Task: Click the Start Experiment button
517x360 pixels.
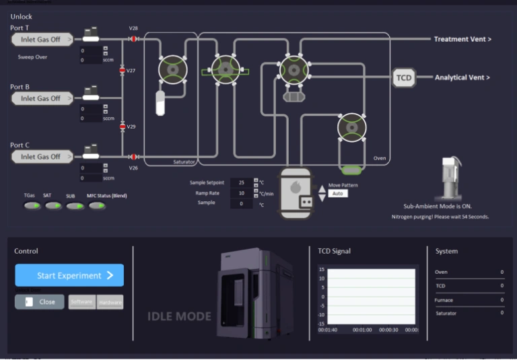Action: click(69, 275)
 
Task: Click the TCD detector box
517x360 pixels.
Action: click(403, 78)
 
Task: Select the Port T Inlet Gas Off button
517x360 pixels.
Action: click(42, 40)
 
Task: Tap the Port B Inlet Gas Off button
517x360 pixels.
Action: click(42, 98)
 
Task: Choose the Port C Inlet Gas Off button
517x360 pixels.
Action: click(42, 157)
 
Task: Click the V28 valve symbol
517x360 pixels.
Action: click(133, 39)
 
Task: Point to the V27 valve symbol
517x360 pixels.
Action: click(123, 71)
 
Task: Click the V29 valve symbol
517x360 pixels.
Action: click(123, 127)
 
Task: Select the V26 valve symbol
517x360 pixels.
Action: click(133, 157)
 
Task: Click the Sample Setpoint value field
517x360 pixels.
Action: click(241, 182)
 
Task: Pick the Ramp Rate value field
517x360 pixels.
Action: click(241, 193)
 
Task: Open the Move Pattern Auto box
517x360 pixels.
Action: click(338, 193)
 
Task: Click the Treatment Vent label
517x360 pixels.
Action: click(462, 39)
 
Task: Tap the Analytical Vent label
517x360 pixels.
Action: click(462, 77)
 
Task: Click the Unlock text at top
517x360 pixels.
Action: click(22, 16)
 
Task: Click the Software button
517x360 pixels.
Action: click(82, 302)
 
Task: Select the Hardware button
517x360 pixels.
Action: click(110, 302)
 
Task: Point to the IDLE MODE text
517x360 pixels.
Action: click(179, 316)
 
